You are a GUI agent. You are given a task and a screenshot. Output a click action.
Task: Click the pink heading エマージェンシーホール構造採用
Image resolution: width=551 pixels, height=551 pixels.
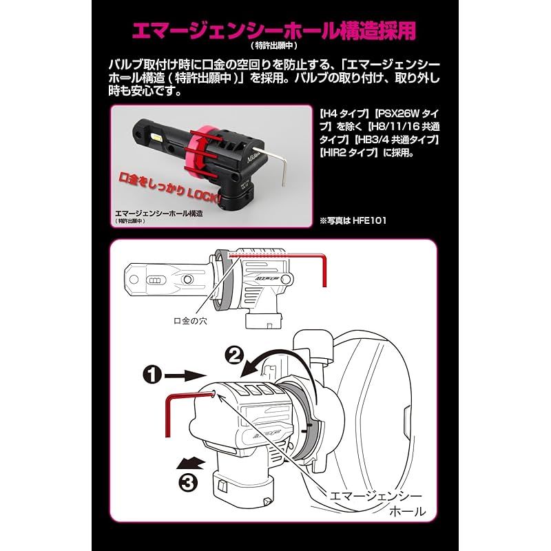tap(274, 30)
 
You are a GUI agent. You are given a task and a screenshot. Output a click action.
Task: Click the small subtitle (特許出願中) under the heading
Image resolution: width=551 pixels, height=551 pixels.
tap(274, 45)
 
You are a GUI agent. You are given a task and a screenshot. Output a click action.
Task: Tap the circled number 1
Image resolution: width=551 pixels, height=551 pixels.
tap(152, 375)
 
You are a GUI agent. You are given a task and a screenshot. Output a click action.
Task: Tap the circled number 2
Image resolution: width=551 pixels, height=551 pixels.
tap(234, 355)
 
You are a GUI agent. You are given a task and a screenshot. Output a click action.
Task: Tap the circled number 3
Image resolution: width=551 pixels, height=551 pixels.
tap(188, 483)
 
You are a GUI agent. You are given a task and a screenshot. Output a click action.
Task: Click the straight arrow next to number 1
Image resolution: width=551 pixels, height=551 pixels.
tap(185, 375)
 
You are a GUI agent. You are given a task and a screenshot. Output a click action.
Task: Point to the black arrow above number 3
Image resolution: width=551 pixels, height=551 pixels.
tap(190, 463)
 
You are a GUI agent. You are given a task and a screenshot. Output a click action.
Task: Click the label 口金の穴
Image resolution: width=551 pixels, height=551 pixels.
tap(191, 321)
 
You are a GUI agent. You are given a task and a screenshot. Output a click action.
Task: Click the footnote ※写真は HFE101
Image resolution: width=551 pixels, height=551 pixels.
tap(353, 220)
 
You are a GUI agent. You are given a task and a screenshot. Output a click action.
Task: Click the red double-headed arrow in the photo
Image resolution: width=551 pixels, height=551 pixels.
tap(201, 153)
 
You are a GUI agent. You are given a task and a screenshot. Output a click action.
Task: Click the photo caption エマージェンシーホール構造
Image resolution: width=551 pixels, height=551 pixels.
tap(159, 214)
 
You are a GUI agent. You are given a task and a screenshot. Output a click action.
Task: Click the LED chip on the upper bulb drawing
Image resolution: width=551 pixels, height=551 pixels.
tap(158, 280)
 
